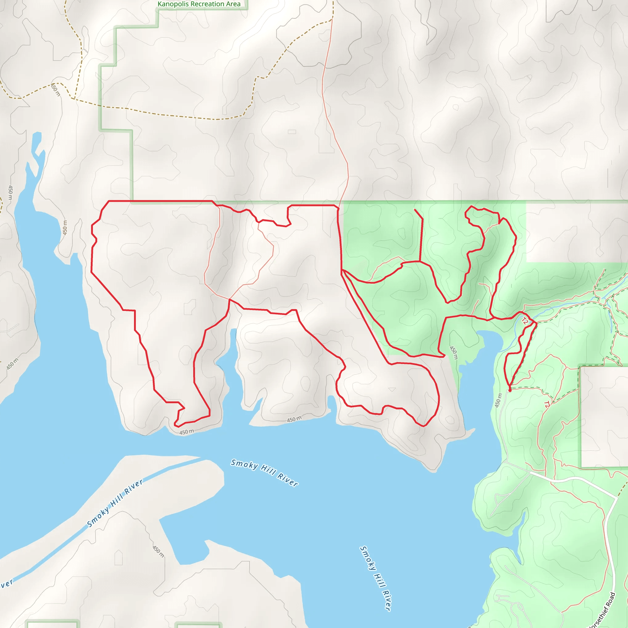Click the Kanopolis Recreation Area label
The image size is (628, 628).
[x=199, y=4]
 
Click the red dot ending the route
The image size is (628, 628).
[x=510, y=390]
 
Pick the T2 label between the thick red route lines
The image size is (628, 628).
[x=525, y=321]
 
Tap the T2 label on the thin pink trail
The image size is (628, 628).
[x=547, y=405]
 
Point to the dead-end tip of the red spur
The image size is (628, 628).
[x=415, y=210]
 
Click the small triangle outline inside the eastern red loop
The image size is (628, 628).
[x=392, y=389]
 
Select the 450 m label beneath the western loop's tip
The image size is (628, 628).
[x=186, y=432]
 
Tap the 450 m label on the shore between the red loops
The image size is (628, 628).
[x=294, y=419]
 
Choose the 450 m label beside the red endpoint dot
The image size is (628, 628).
[x=498, y=400]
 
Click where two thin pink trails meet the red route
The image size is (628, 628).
[x=229, y=299]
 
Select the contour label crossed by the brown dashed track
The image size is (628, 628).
[x=55, y=90]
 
